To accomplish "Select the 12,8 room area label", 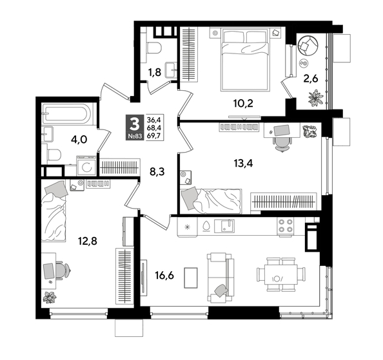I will (x=80, y=242).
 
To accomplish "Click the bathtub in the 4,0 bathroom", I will (x=68, y=114).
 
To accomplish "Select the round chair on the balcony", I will (x=308, y=45).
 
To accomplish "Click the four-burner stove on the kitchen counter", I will (x=285, y=227).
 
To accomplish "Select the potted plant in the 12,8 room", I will (x=50, y=297).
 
